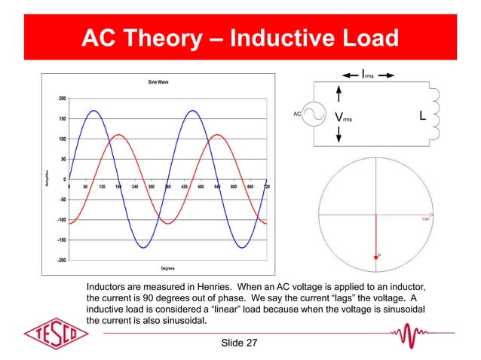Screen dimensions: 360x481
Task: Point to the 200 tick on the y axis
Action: tap(59, 99)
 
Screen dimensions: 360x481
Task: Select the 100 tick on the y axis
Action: tap(59, 139)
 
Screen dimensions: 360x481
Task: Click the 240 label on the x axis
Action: tap(134, 186)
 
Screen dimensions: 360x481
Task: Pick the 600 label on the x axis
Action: tap(234, 186)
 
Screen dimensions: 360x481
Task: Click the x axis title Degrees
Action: tap(168, 268)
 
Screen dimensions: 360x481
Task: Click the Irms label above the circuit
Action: tap(367, 75)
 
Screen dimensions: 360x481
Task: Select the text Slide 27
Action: tap(240, 343)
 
